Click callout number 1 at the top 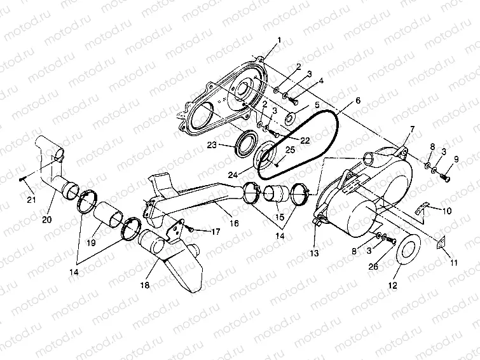click(279, 41)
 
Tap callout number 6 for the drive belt click(358, 100)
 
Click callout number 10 click(448, 211)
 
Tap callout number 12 click(392, 286)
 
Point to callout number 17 click(216, 232)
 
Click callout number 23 click(212, 145)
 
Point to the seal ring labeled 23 click(242, 144)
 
